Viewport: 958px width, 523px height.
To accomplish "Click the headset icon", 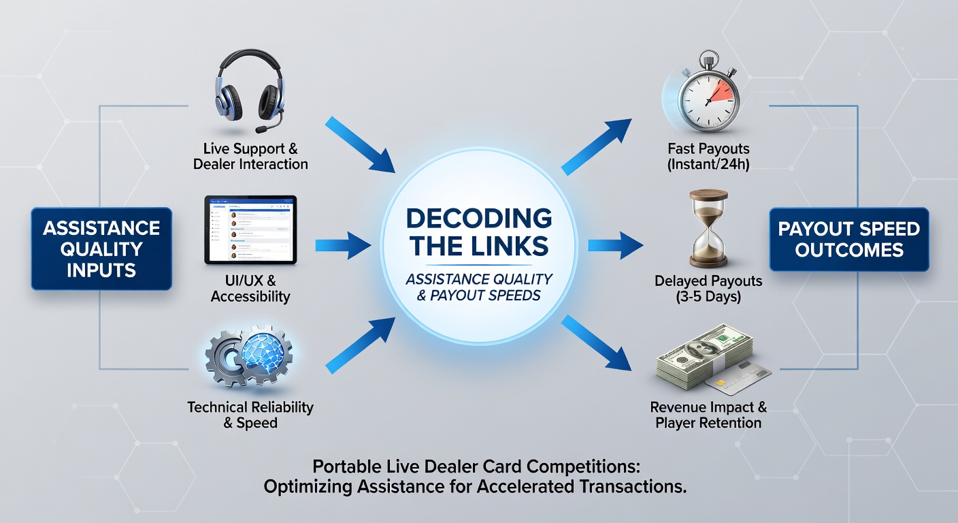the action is (x=250, y=91).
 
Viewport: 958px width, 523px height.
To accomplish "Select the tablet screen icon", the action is (x=250, y=229).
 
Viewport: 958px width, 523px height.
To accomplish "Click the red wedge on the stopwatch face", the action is (x=723, y=91).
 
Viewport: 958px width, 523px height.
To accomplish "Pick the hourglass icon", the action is (x=708, y=229).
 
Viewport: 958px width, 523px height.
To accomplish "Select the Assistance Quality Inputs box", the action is (x=101, y=249).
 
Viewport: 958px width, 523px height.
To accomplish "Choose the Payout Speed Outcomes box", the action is (x=849, y=239).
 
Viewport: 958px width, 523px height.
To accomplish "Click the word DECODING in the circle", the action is (x=478, y=218).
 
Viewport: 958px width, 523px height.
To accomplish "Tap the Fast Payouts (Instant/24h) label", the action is (x=708, y=156).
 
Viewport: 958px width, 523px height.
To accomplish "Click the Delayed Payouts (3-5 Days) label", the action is (x=708, y=289).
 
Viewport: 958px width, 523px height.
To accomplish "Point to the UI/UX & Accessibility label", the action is (x=250, y=289).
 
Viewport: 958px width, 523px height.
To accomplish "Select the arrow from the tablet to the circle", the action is (x=343, y=245).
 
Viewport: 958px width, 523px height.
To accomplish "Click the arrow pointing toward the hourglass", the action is (x=616, y=245).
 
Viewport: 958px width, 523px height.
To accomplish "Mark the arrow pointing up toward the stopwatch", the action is (x=597, y=146).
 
